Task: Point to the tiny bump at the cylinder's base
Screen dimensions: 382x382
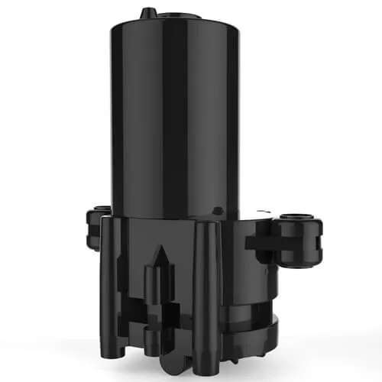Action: coord(219,209)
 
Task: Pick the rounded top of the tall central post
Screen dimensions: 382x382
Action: coord(205,224)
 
